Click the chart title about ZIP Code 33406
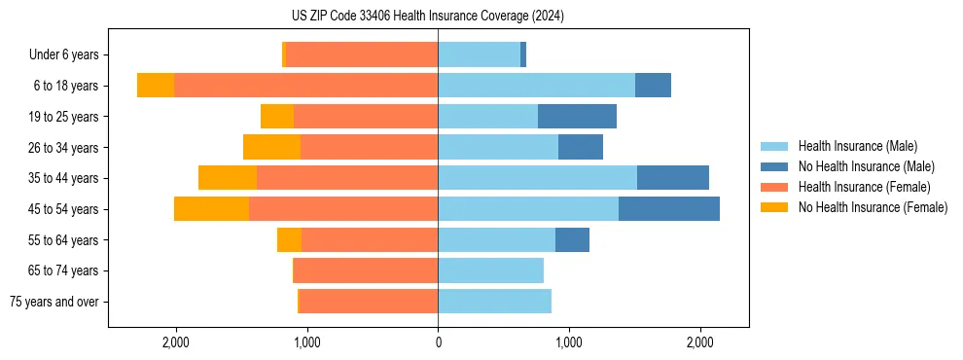(x=428, y=16)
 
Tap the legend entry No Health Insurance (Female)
(x=873, y=207)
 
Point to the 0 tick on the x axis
(x=438, y=342)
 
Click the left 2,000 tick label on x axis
(x=176, y=342)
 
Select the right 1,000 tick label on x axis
(x=569, y=342)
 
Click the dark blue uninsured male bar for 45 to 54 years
(x=669, y=209)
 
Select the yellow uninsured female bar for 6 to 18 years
(x=156, y=86)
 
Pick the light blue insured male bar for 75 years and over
(x=494, y=302)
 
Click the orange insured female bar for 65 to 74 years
(x=366, y=270)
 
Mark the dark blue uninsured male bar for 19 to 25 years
(x=577, y=117)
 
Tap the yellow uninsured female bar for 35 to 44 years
(x=228, y=178)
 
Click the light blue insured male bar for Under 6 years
(x=479, y=54)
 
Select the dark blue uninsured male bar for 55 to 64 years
(x=572, y=239)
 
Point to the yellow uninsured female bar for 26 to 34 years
(x=271, y=147)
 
